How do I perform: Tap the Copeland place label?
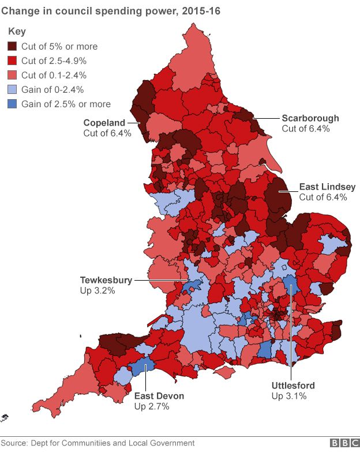(104, 122)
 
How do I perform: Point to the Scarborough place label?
(310, 118)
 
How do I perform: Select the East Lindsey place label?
(327, 187)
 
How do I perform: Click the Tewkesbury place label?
(106, 281)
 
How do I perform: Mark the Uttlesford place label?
(293, 385)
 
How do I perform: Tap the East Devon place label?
(159, 396)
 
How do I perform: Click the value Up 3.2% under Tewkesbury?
(97, 291)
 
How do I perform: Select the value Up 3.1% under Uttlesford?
(288, 396)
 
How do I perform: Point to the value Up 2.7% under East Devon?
(152, 407)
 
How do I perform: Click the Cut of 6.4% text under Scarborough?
(306, 129)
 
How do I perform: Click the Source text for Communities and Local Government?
(97, 443)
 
